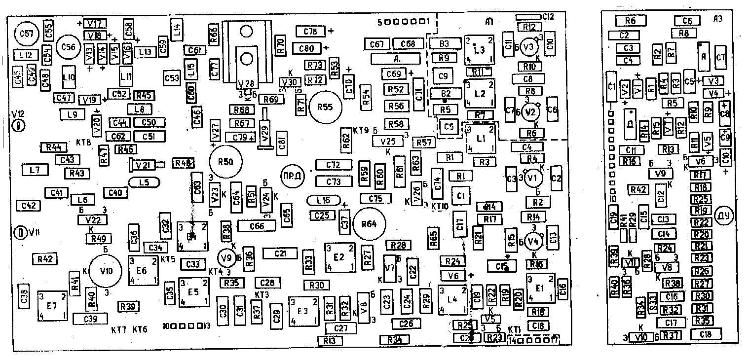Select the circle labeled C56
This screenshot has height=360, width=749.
(69, 47)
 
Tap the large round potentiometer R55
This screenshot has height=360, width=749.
(324, 108)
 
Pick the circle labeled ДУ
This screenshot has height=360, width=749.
(724, 216)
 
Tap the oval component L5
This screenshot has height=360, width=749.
(144, 182)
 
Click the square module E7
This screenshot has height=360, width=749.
(52, 307)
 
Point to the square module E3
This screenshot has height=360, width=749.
(303, 310)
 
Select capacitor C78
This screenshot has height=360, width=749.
(310, 32)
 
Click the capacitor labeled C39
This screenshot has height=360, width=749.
(90, 319)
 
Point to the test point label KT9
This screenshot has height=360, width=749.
(361, 131)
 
